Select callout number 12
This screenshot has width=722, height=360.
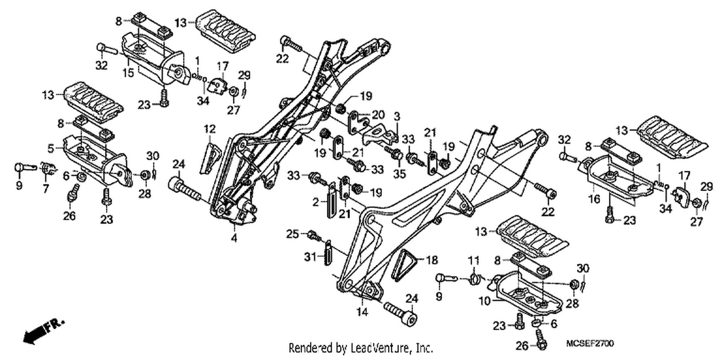[209, 129]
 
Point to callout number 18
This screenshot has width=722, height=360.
[432, 260]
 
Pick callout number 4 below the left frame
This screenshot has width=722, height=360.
[234, 238]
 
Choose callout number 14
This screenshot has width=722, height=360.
[362, 312]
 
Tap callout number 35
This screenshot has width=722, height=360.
[400, 174]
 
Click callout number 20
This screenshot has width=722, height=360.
[378, 115]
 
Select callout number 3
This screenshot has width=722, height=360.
[397, 116]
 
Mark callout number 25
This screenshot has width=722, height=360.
[292, 234]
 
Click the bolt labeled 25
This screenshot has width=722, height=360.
[314, 236]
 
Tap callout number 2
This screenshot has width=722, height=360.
[316, 202]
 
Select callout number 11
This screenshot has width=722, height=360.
[474, 260]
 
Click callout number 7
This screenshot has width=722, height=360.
[46, 189]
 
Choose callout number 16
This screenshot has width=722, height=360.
[594, 199]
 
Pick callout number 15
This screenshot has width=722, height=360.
[128, 73]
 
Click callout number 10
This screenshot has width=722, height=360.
[484, 301]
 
